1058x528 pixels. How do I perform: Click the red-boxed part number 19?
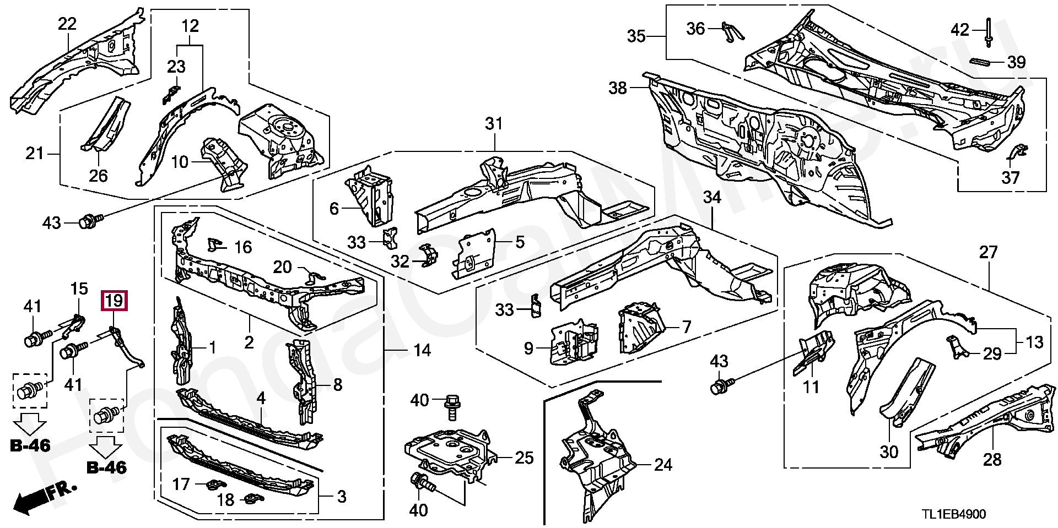coord(114,301)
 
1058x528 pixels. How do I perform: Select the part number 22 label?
coord(67,24)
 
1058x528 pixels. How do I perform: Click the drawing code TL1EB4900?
coord(954,514)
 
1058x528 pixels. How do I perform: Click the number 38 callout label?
coord(618,88)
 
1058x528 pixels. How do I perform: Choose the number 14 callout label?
coord(422,350)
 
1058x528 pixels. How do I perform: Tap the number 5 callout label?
coord(520,242)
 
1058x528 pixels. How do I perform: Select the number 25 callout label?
coord(524,458)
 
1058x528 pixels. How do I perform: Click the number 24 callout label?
coord(663,465)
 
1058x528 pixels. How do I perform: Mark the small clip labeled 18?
coord(254,499)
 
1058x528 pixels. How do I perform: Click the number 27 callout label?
coord(988,253)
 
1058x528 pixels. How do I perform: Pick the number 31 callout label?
coord(494,123)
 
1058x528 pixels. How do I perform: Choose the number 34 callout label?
coord(712,197)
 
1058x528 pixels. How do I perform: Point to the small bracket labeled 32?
coord(428,255)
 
